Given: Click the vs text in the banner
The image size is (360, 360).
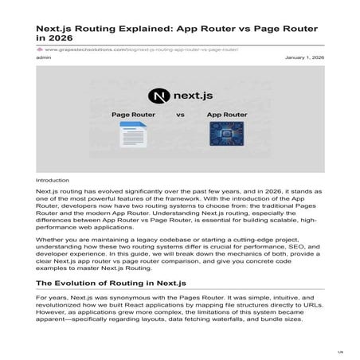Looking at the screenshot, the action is (180, 115).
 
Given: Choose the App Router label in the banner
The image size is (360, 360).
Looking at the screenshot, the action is (227, 115).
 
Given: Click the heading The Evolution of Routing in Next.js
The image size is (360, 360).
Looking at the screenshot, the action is (119, 283).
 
